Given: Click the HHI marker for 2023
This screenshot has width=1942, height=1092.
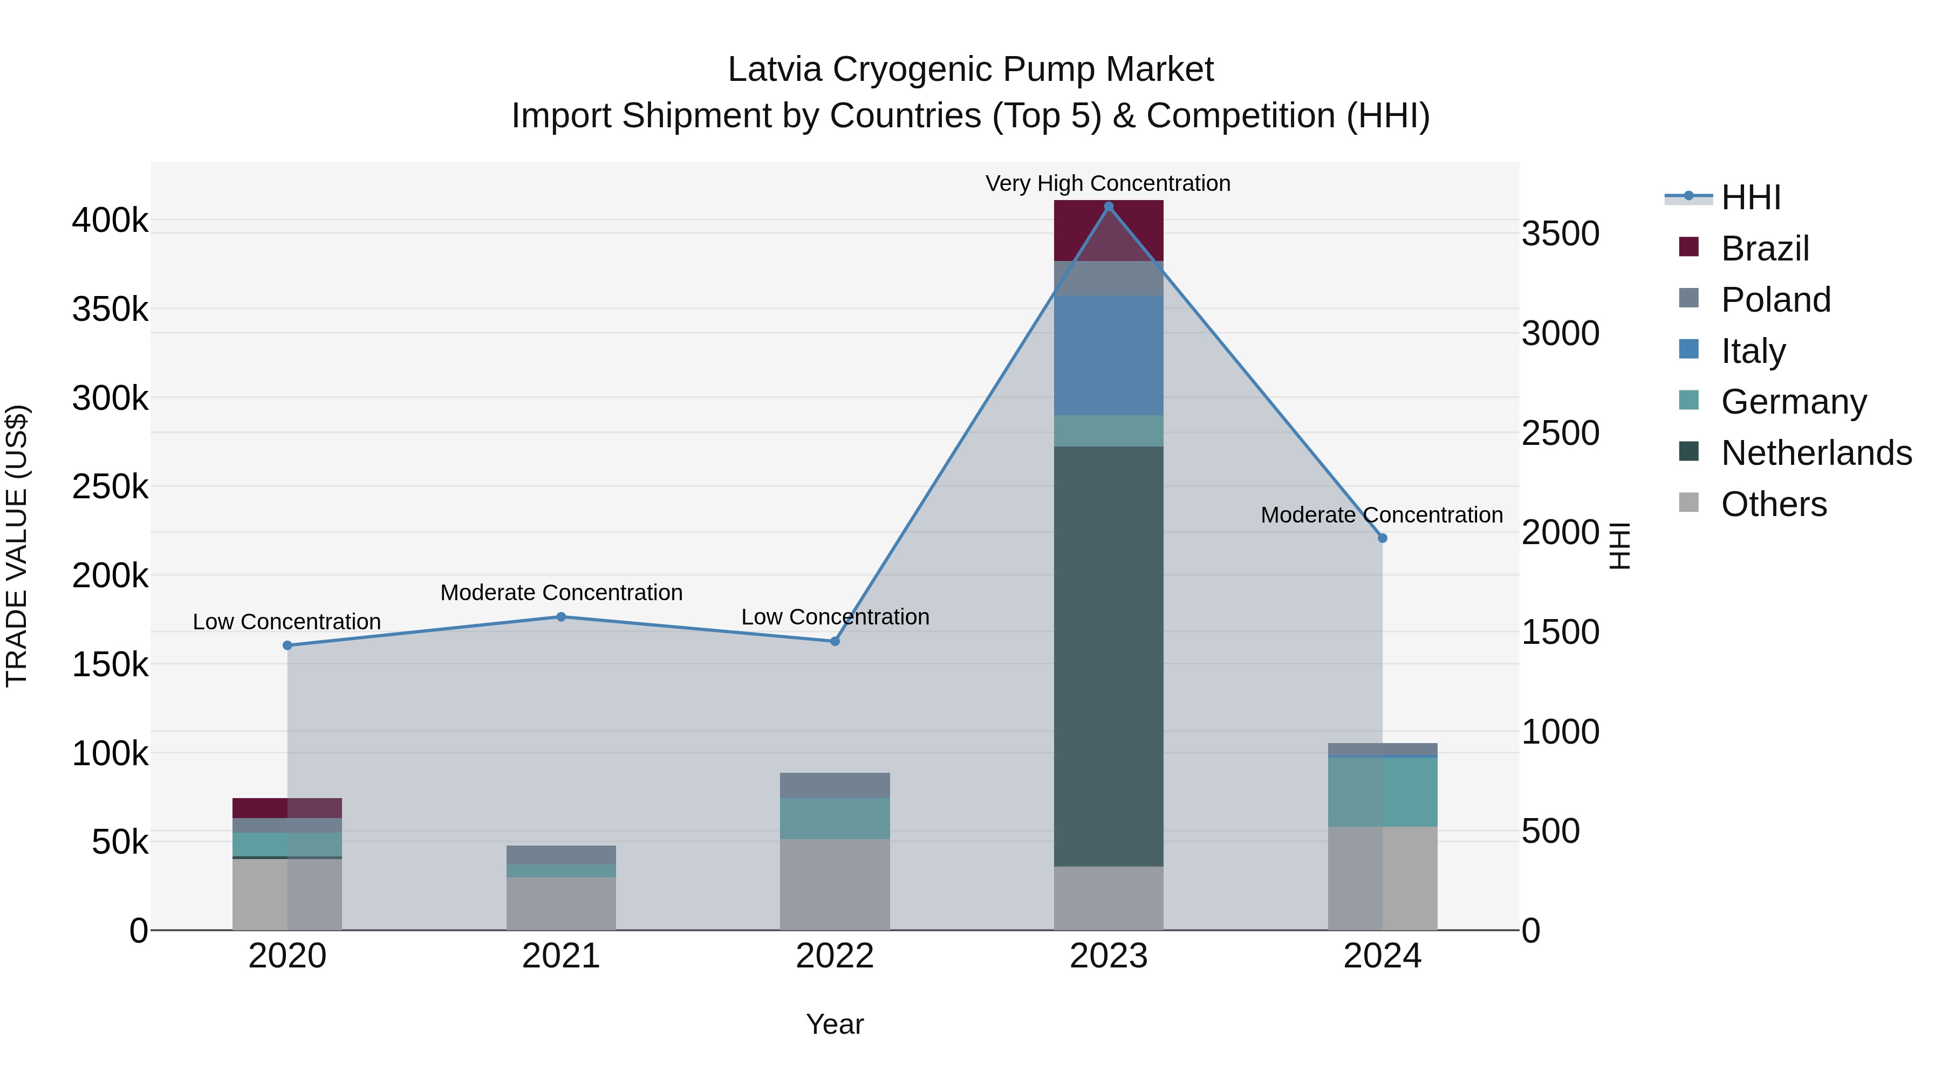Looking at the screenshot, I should point(1108,207).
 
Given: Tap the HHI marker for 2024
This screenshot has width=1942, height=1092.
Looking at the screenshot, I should point(1382,538).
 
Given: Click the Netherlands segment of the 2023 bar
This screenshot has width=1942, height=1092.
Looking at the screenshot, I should point(1108,656).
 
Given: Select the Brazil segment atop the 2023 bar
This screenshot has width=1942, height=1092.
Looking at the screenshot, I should point(1108,231).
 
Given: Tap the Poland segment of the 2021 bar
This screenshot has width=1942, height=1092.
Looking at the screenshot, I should point(561,855).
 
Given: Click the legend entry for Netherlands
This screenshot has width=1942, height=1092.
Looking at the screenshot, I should point(1816,453).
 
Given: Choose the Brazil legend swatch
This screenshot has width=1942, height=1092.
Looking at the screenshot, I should point(1688,247).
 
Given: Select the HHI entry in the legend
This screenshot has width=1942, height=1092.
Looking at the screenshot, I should point(1750,197).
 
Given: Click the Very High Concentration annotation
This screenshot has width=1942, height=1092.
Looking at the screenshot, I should point(1107,183).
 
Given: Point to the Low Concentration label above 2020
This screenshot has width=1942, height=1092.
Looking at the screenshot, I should point(286,622).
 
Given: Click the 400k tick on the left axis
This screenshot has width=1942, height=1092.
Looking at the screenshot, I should point(110,221).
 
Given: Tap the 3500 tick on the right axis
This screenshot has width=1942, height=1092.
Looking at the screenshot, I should point(1560,233).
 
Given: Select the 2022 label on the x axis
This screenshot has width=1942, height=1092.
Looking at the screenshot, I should point(835,956).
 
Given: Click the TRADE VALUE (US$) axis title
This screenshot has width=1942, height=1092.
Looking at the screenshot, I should point(17,546).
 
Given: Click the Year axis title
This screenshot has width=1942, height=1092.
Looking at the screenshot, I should point(835,1024).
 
